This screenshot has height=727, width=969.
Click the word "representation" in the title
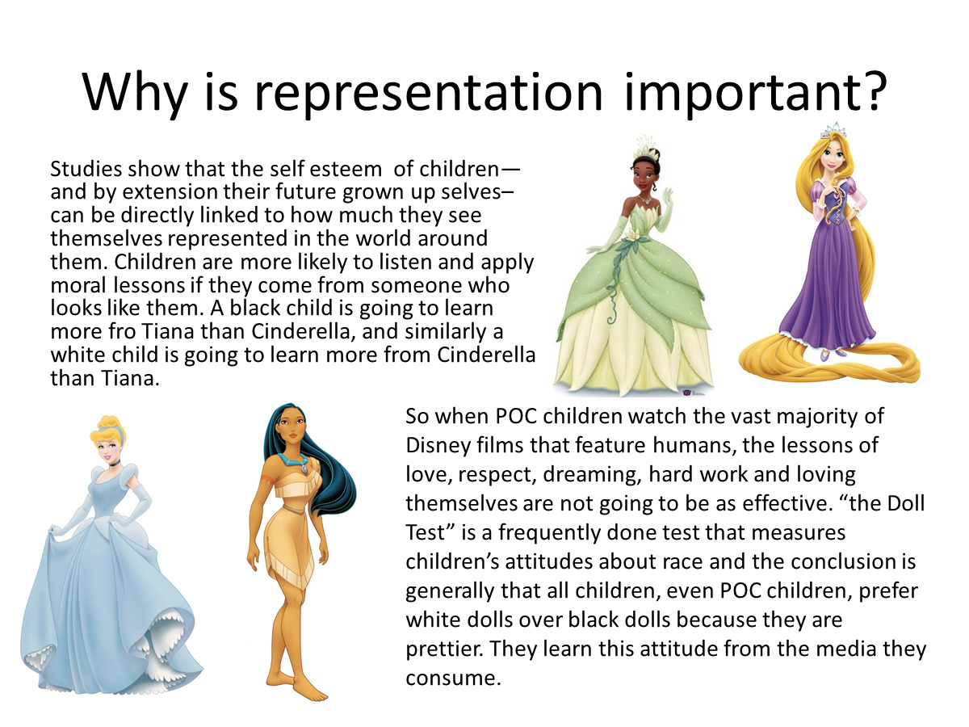pos(429,94)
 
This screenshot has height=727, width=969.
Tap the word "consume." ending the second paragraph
pos(453,679)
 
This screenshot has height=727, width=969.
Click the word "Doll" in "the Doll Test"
pos(905,503)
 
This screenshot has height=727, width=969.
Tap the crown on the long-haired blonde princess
pos(833,131)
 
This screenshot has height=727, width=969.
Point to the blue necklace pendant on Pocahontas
pos(304,469)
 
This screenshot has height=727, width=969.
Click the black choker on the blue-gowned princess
pos(115,463)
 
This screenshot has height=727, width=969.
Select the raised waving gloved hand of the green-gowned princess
pos(667,202)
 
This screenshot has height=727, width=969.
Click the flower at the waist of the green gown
pos(633,237)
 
